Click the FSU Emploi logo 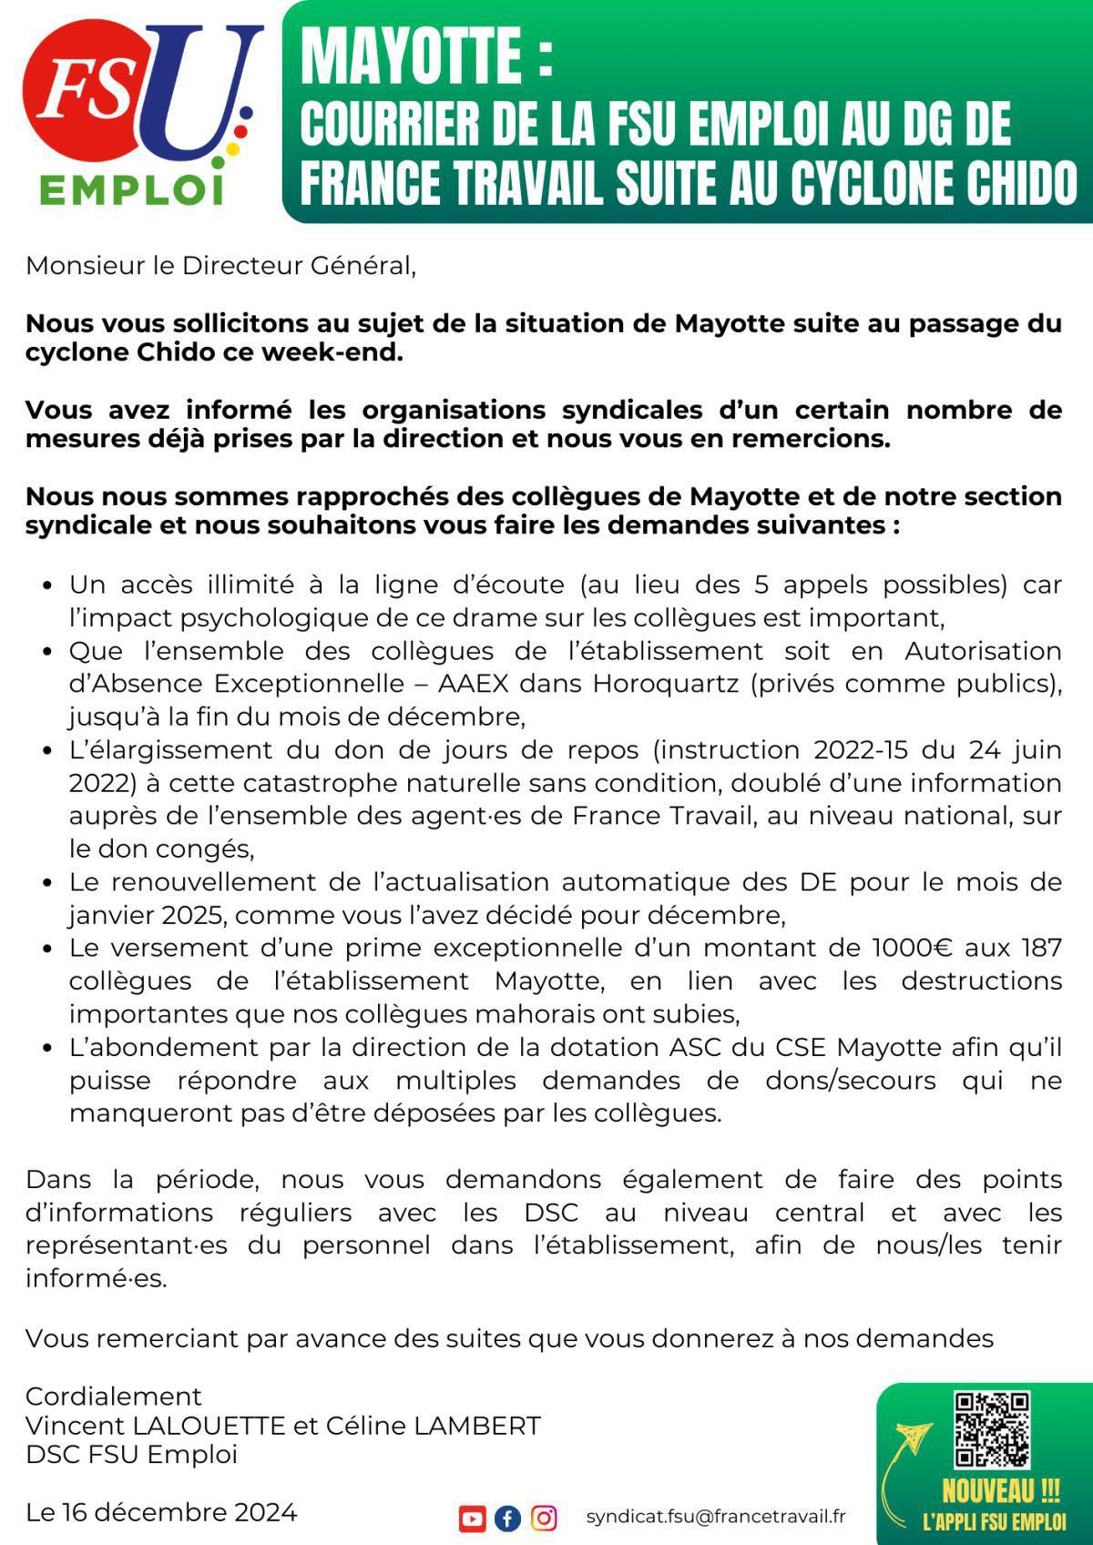[x=141, y=114]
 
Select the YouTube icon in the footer [x=472, y=1518]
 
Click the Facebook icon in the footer [x=507, y=1518]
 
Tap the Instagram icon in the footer [x=544, y=1518]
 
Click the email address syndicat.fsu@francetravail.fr [x=716, y=1517]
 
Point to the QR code [x=992, y=1429]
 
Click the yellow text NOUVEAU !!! [x=1000, y=1491]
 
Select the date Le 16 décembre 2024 [x=161, y=1512]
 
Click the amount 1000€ [x=912, y=948]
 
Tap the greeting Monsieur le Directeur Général [x=220, y=266]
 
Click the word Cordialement [x=114, y=1396]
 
